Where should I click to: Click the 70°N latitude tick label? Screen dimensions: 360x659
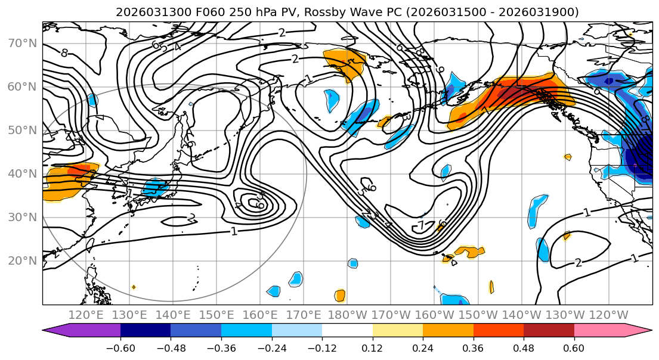22,43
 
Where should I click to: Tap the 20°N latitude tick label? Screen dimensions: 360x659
22,260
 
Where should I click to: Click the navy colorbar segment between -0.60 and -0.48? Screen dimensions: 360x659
146,330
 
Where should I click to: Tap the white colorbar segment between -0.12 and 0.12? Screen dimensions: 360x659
347,330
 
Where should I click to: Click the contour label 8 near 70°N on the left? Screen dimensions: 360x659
64,53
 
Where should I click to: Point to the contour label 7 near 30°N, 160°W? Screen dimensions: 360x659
420,225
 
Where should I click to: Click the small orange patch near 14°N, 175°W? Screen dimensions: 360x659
340,295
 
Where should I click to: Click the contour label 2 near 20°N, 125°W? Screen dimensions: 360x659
578,263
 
